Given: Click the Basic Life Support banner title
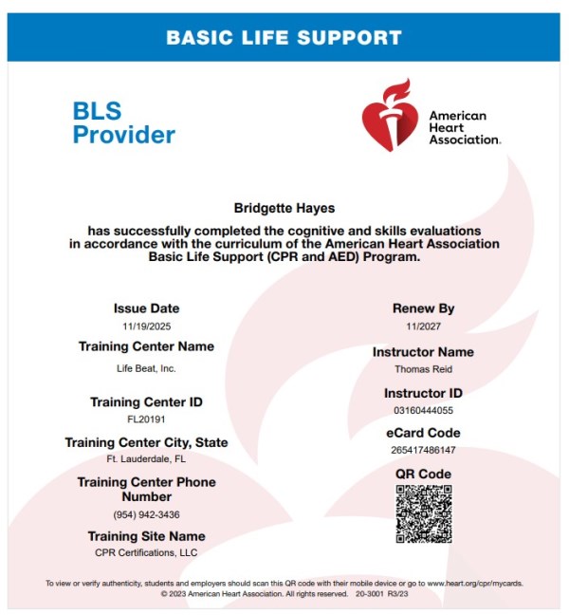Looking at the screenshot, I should pos(284,39).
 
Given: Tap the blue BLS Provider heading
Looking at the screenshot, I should pos(123,122).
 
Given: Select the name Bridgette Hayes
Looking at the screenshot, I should pos(284,206).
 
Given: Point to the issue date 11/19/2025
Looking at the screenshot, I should pos(146,326).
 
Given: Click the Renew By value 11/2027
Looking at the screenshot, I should pos(423,327).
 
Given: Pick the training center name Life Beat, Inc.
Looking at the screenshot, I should pos(146,367).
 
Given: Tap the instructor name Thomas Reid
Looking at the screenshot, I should pos(423,370).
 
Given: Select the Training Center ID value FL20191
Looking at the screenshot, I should pos(146,419).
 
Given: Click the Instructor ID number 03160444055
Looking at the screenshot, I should pos(423,410).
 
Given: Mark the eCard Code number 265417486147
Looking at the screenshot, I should pos(423,450).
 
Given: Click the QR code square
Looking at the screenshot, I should pos(423,513).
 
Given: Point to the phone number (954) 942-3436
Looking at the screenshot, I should pos(146,514).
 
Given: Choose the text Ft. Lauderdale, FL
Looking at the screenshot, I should pos(146,459).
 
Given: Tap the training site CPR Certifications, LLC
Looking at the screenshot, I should pos(146,552).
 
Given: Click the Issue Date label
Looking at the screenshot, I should pos(146,308).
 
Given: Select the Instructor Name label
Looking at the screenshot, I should pos(423,352).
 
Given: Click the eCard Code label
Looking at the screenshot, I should pos(423,433).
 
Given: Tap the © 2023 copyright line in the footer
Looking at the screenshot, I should pos(284,594).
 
